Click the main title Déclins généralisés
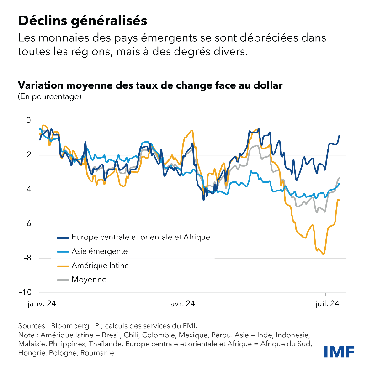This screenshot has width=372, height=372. [82, 21]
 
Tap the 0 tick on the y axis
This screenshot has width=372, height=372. [28, 121]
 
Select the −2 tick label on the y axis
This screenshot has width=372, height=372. [26, 155]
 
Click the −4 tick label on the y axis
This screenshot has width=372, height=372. [26, 190]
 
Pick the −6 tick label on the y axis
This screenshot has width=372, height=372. [26, 224]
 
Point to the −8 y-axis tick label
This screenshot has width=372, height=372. [26, 258]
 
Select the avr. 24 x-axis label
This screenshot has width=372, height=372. [182, 303]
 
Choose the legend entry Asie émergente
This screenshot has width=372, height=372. [99, 251]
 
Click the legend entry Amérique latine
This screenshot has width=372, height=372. [100, 266]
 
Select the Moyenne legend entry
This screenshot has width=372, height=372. [89, 279]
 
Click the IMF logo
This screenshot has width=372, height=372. [339, 352]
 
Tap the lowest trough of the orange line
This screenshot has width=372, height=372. [324, 254]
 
